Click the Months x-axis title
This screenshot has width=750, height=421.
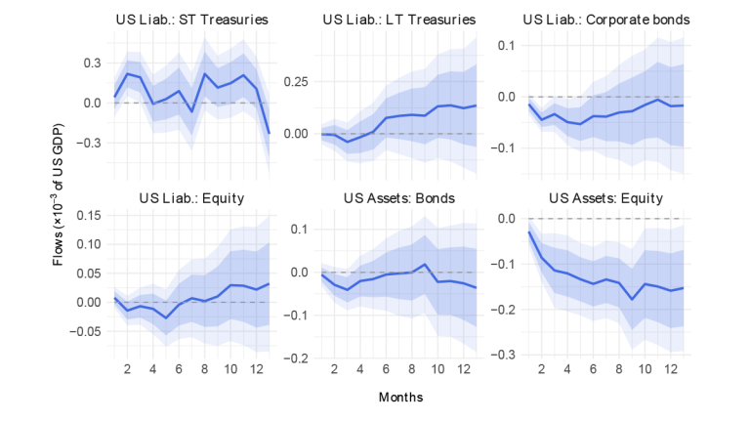400,398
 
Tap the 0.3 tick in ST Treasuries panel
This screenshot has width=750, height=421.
92,63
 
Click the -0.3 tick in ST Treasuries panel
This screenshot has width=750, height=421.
90,143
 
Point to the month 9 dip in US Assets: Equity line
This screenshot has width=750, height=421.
631,299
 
